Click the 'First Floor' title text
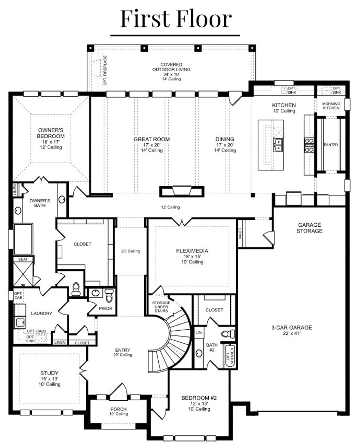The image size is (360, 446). point(176,19)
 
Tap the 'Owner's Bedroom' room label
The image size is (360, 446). point(51,133)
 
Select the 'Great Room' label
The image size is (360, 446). point(152,139)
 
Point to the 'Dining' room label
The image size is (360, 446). point(225,139)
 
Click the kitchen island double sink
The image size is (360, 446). point(278,145)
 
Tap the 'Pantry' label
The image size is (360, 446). point(331,145)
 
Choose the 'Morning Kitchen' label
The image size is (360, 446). point(331,106)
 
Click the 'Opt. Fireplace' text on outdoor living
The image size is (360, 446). point(105,70)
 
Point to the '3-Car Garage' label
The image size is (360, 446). point(292,327)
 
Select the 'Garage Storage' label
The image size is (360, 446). point(309,228)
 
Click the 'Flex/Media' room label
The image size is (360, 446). point(192,251)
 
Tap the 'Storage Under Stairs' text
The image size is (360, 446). point(161,307)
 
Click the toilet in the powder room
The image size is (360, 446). point(109,296)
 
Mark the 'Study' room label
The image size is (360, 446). point(49,373)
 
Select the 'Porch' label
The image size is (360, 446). point(118,409)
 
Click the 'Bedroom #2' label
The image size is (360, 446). point(199,398)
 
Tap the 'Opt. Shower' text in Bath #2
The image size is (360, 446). point(230,356)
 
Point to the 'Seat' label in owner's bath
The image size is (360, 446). point(23,259)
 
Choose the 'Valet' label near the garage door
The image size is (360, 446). point(240,234)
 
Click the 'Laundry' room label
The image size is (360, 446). point(41,313)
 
